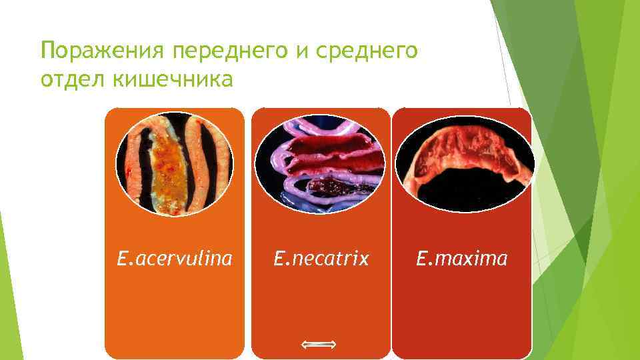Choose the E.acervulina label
[175, 258]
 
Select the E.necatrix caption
[321, 258]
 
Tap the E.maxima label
[462, 258]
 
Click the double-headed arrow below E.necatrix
[318, 344]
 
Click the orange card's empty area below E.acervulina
[175, 313]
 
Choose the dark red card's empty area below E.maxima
[462, 313]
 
